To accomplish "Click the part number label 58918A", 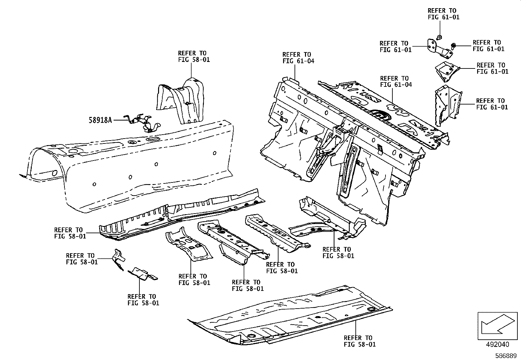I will point(100,120).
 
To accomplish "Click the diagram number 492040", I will point(497,344).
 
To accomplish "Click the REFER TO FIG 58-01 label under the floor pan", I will point(360,341).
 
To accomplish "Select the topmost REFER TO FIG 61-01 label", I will point(443,14).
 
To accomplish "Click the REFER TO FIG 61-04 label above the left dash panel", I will point(298,58).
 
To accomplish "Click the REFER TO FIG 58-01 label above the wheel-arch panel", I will point(194,56).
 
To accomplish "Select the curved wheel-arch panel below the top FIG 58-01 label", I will point(183,100).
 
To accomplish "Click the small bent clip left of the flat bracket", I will point(118,259).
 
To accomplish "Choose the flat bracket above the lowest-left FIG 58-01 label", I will point(143,274).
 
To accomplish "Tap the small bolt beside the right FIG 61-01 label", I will point(454,45).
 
